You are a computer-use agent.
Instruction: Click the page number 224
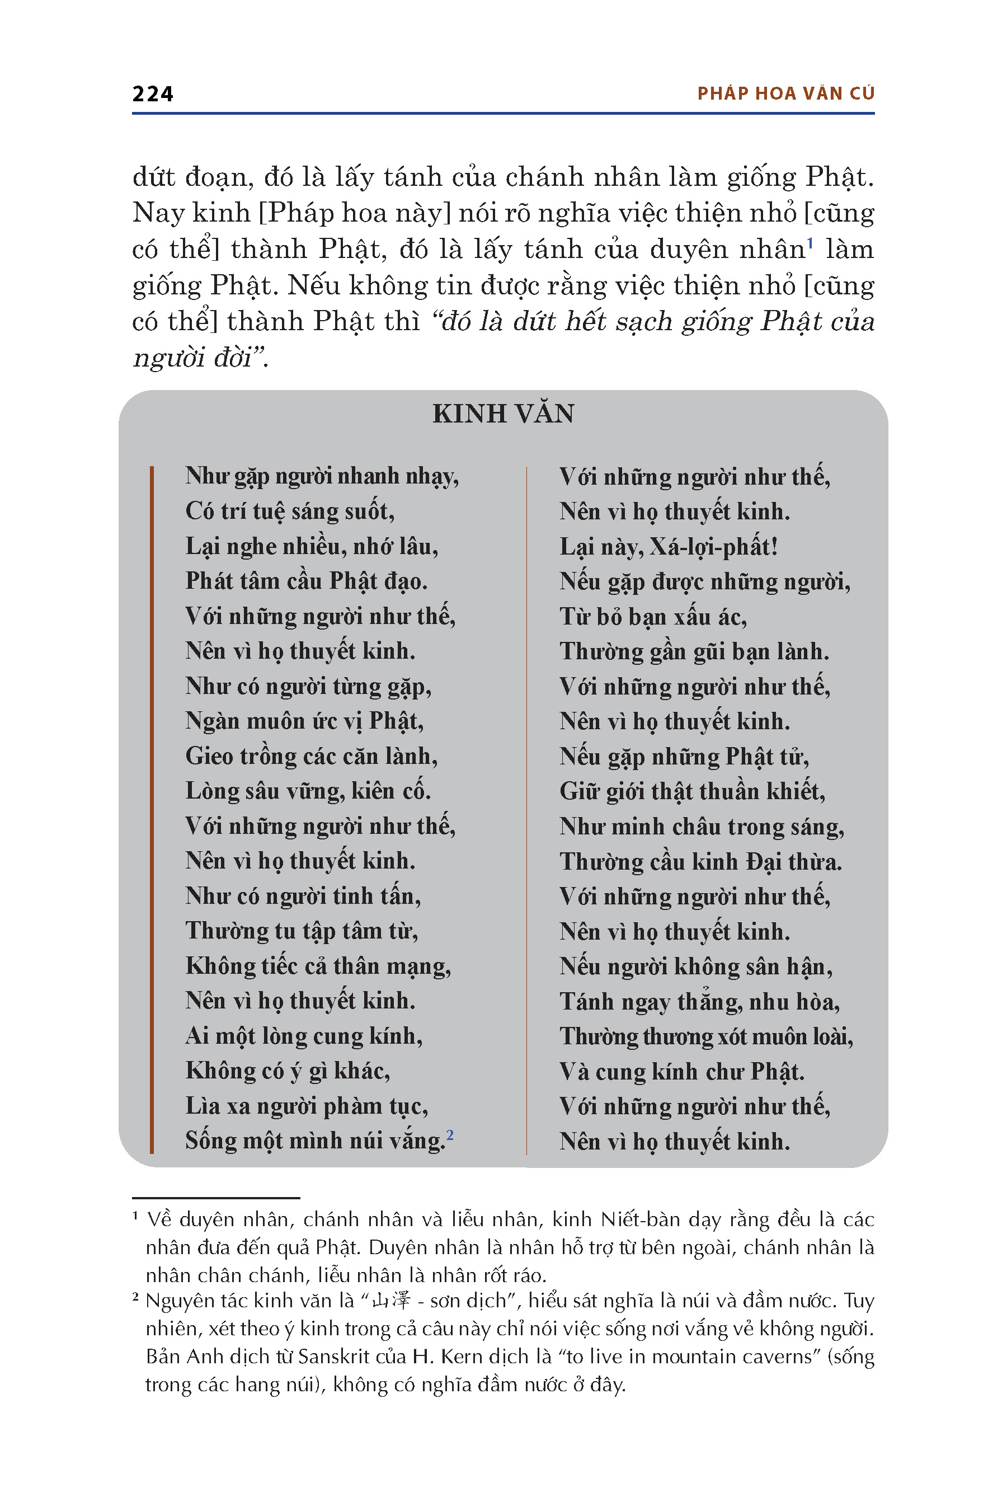click(152, 94)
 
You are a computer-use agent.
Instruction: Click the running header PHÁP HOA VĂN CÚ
click(785, 94)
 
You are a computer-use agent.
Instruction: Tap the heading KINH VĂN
click(503, 414)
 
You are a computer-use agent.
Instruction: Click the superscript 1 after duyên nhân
click(810, 243)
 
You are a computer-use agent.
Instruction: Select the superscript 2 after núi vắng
click(450, 1135)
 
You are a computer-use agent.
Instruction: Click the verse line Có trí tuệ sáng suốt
click(290, 512)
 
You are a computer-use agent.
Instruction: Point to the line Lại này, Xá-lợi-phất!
click(668, 547)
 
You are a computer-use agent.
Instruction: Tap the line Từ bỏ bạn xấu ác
click(652, 617)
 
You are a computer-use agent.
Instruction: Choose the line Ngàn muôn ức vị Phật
click(304, 721)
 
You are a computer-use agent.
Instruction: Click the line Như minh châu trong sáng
click(702, 827)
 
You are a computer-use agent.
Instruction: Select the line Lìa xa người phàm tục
click(307, 1106)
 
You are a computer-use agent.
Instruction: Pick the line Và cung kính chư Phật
click(681, 1072)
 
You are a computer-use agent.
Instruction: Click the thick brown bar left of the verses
click(152, 809)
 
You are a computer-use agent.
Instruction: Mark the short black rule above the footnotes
click(216, 1198)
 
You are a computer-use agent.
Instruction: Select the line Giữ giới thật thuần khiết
click(691, 791)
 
